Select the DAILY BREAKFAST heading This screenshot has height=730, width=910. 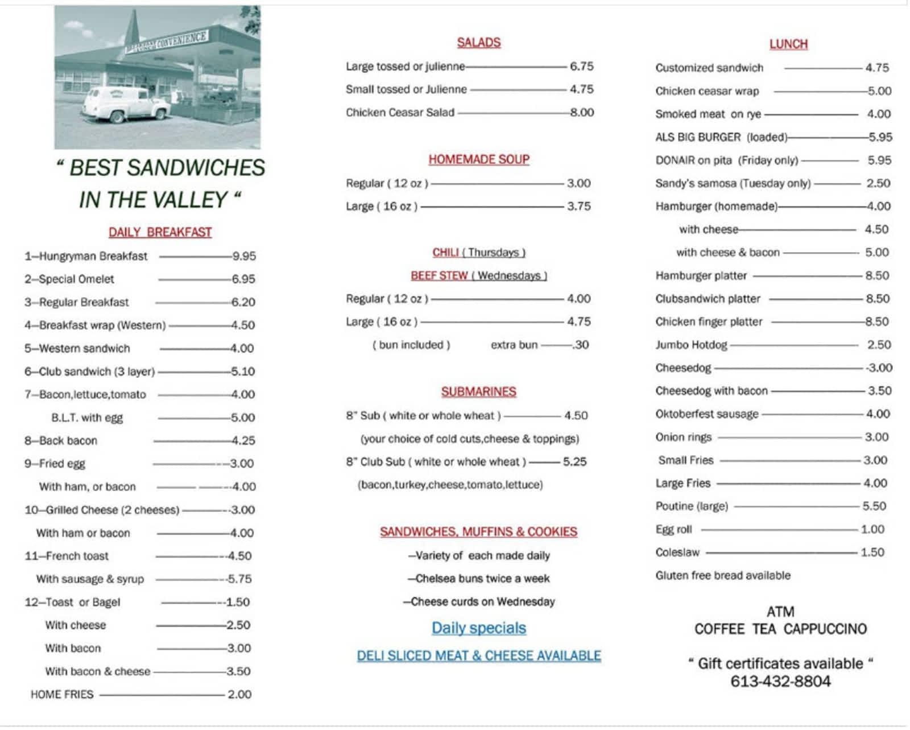coord(160,232)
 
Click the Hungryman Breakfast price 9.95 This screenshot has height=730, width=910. coord(244,256)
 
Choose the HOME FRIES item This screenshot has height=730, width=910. coord(61,694)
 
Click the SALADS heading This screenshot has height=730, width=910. coord(478,43)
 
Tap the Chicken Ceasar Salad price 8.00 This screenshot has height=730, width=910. coord(582,113)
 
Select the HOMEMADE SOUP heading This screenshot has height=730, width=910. coord(478,159)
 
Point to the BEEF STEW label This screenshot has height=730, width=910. coord(439,276)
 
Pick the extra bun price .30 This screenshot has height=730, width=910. coord(581,345)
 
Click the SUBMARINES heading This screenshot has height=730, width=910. coord(478,391)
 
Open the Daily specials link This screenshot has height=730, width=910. coord(478,628)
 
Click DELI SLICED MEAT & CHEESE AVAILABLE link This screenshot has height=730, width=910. coord(478,656)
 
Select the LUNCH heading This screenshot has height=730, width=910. coord(788,44)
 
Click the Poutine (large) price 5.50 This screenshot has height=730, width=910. coord(874,506)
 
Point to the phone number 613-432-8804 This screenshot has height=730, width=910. coord(780,682)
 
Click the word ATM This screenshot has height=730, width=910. coord(780,612)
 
